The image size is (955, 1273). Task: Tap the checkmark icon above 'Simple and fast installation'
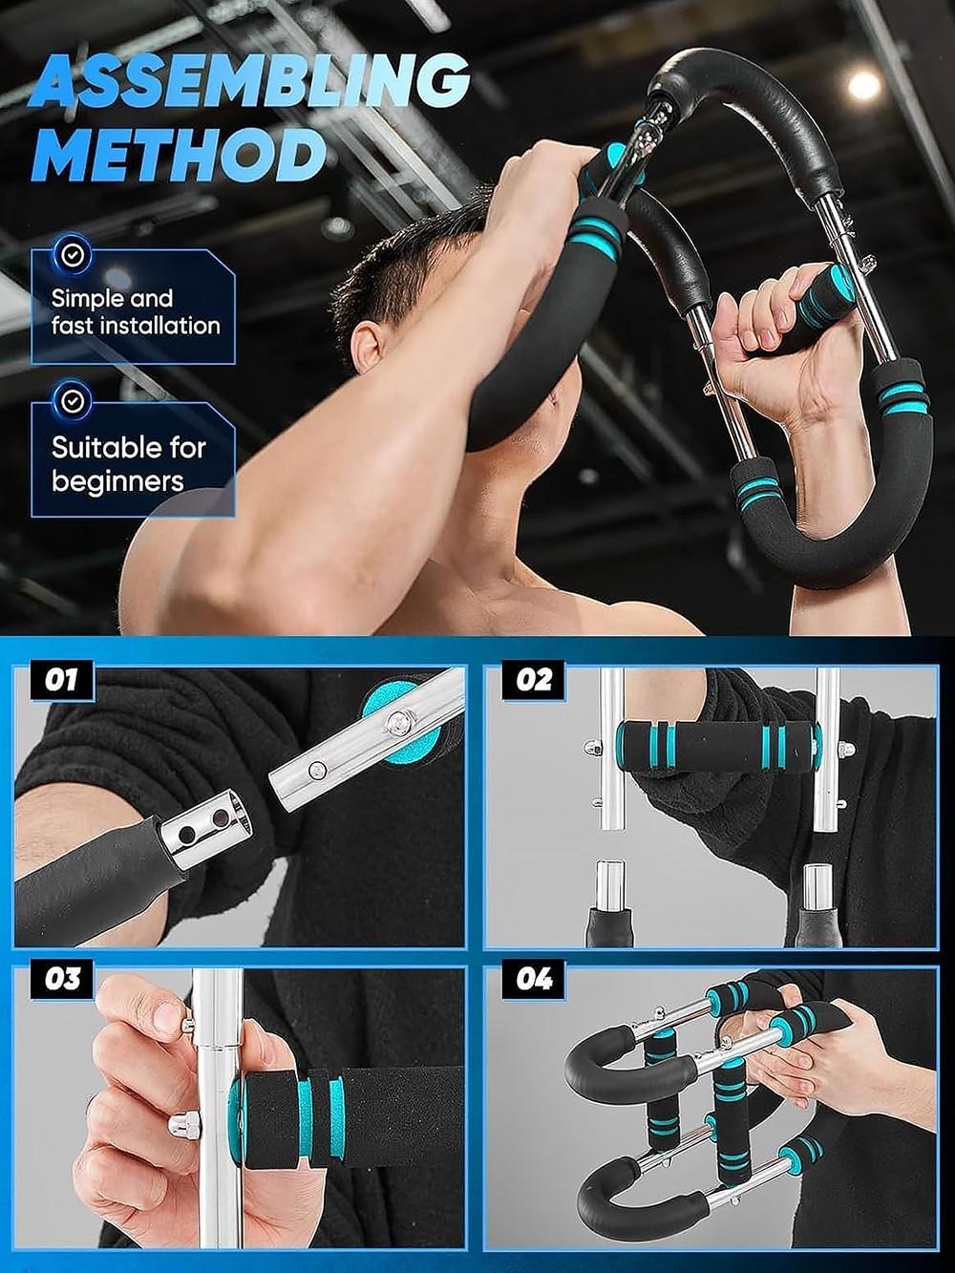point(73,255)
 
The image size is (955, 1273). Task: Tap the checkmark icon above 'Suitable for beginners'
point(73,400)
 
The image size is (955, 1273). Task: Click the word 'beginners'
point(117,480)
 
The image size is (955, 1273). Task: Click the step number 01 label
point(60,681)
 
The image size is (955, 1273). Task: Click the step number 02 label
point(534,681)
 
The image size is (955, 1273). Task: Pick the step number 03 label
point(62,980)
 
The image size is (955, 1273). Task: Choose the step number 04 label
point(534,980)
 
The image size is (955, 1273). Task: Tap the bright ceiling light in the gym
point(863,86)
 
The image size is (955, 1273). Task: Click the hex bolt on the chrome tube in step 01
point(397,723)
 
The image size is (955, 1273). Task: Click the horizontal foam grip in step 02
point(718,746)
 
